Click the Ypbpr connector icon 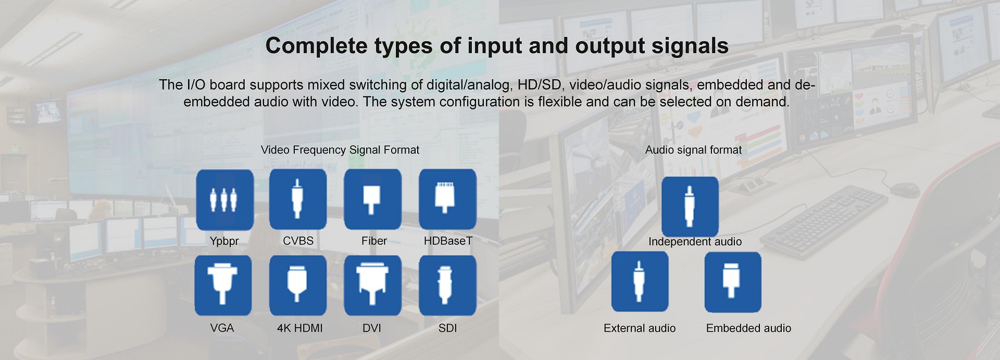(x=224, y=200)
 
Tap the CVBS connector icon (x=298, y=199)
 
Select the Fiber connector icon (x=372, y=199)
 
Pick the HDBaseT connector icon (x=447, y=199)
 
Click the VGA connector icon (x=223, y=285)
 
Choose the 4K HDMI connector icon (x=298, y=285)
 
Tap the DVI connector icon (x=372, y=285)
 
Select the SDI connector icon (x=447, y=285)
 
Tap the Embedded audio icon (x=733, y=282)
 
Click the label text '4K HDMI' (x=300, y=328)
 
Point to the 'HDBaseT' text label (x=448, y=241)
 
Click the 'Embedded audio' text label (x=748, y=328)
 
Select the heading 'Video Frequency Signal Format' (x=340, y=150)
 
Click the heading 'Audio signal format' (x=693, y=150)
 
